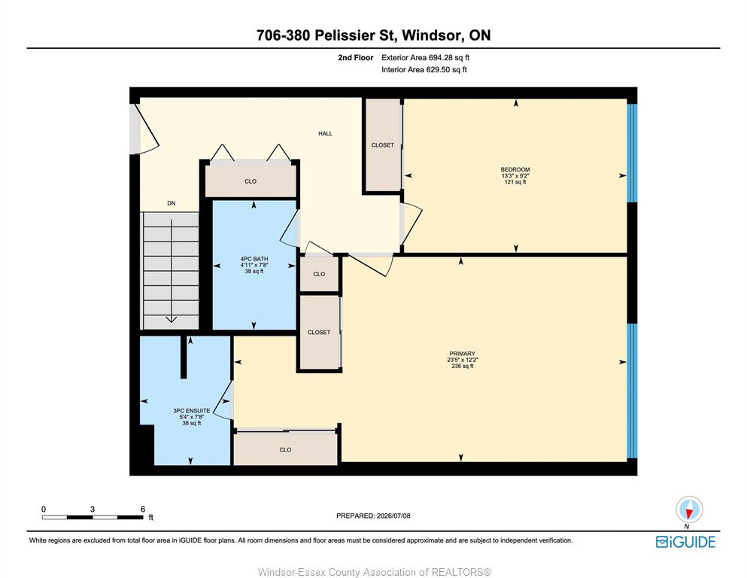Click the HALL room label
(x=326, y=133)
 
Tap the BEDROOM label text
(x=515, y=169)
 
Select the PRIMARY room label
(x=462, y=354)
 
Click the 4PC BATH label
(x=254, y=259)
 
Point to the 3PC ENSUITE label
(x=192, y=411)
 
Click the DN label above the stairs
(x=172, y=203)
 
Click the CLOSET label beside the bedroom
(x=383, y=145)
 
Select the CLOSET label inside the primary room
(x=319, y=333)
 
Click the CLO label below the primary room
(x=285, y=450)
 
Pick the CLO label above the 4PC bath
(x=251, y=181)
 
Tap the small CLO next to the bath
(x=319, y=274)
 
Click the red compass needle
(x=688, y=513)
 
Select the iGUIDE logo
(x=685, y=542)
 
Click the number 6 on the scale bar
(x=143, y=510)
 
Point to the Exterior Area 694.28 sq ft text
(x=426, y=58)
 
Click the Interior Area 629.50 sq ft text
(x=424, y=69)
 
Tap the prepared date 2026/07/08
(x=393, y=516)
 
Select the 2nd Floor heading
(x=355, y=58)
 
